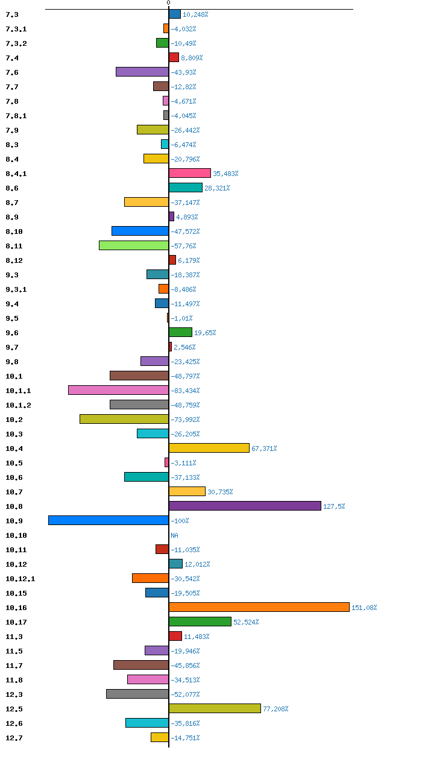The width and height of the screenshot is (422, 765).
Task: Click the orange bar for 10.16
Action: coord(259,607)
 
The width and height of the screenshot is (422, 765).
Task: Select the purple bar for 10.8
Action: coord(245,506)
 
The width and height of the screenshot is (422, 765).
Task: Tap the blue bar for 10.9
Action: coord(109,520)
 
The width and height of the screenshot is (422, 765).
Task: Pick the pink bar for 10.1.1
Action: coord(119,390)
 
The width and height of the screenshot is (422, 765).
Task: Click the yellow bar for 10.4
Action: coord(209,448)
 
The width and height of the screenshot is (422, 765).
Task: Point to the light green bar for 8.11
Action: coord(134,245)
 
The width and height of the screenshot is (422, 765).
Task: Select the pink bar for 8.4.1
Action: coord(190,173)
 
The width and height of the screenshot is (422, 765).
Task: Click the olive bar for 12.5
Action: coord(215,708)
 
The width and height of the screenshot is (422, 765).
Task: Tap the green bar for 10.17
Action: coord(200,622)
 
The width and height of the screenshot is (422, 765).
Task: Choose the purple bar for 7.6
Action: coord(142,72)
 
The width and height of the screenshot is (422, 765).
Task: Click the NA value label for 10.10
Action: coord(174,535)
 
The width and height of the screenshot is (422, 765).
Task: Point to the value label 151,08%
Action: coord(364,608)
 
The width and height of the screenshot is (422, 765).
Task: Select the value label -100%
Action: coord(180,521)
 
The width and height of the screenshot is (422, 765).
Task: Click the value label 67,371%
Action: coord(264,449)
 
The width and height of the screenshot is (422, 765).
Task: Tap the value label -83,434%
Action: coord(185,391)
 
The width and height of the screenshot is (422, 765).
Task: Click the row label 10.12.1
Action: coord(20,579)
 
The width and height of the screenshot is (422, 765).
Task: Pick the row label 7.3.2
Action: coord(16,43)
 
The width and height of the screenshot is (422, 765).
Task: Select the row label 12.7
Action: coord(14,738)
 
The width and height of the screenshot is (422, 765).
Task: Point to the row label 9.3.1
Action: coord(16,289)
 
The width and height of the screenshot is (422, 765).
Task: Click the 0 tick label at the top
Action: coord(168,3)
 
